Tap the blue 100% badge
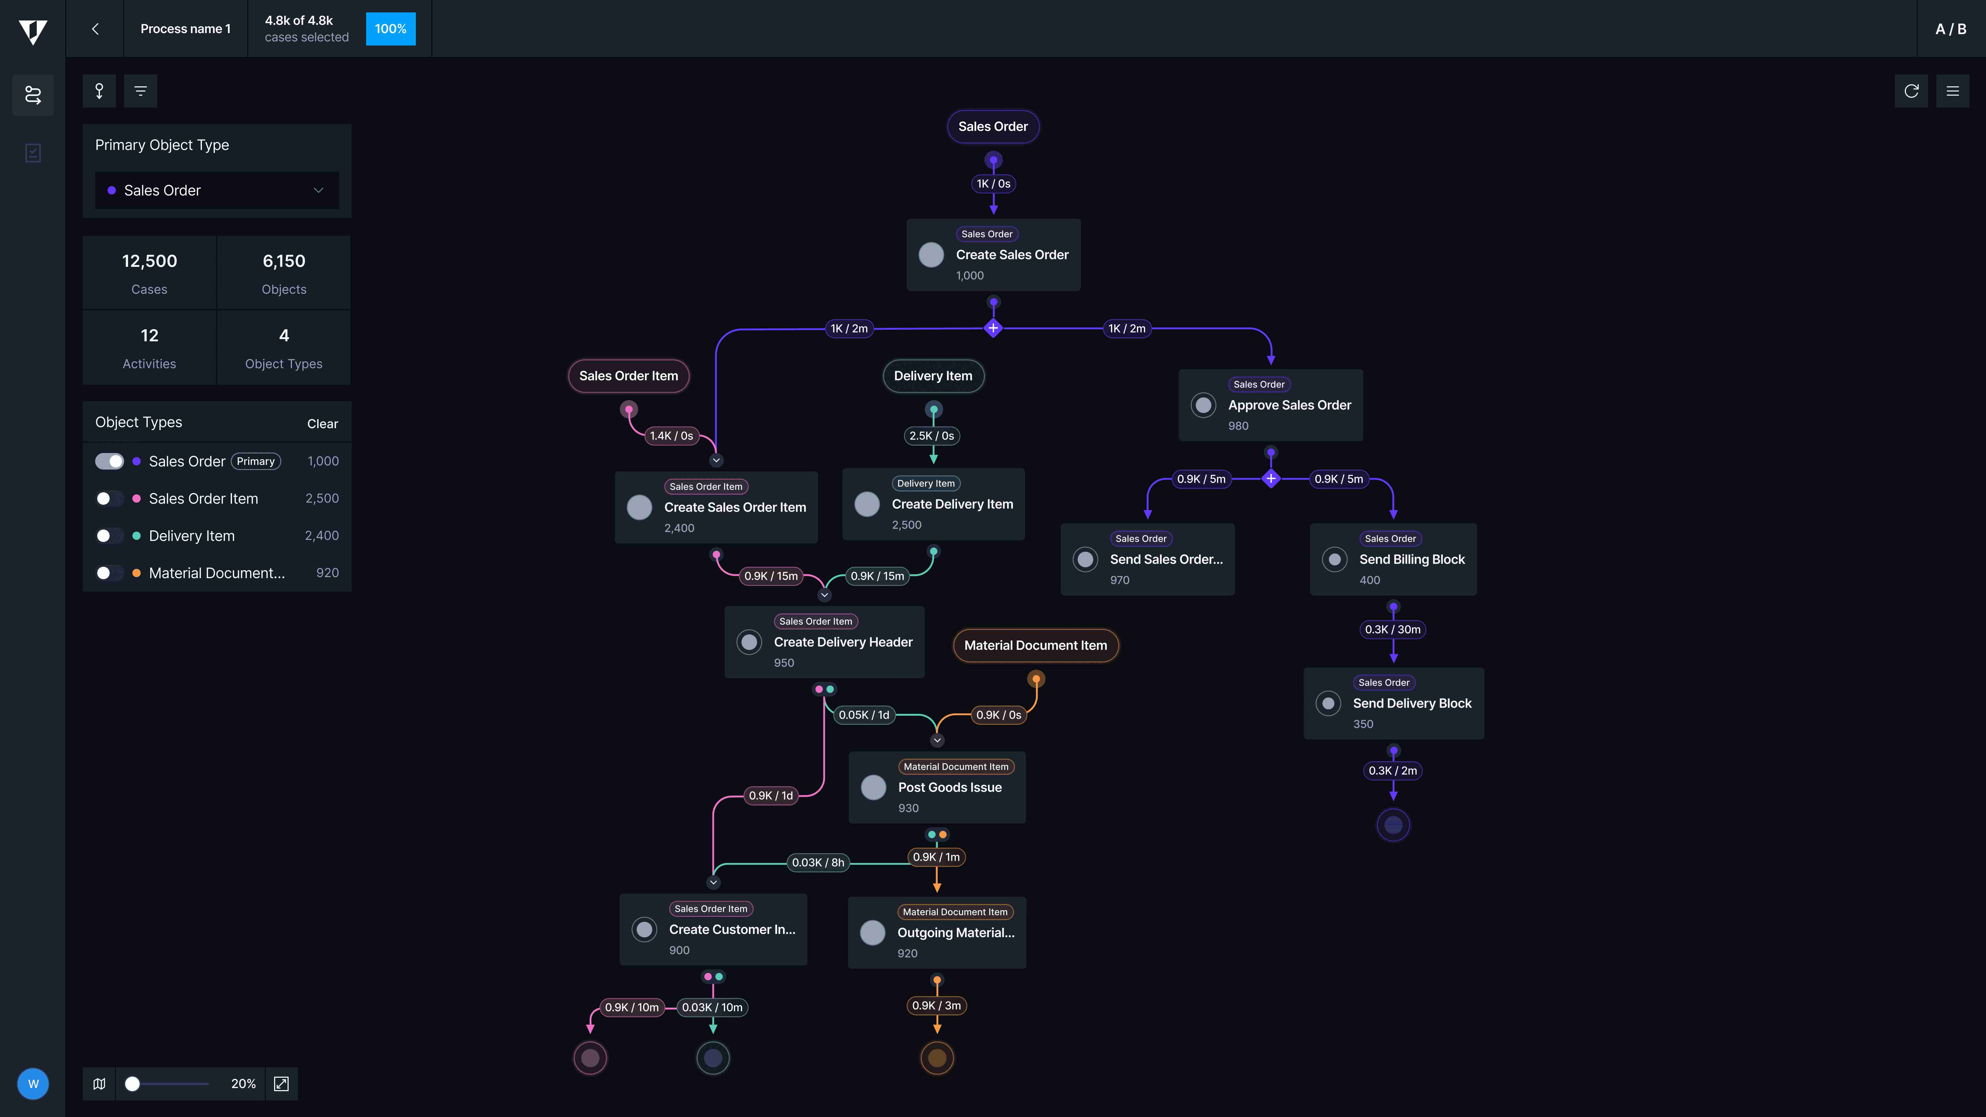click(x=390, y=28)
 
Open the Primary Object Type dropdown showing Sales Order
click(x=217, y=190)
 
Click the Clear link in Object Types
click(x=322, y=424)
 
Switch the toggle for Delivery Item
click(x=109, y=536)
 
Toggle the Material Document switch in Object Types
click(x=109, y=573)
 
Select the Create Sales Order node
click(x=993, y=254)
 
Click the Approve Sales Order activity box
click(x=1270, y=405)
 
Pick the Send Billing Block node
click(x=1393, y=559)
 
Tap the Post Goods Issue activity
click(x=937, y=787)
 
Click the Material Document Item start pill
click(x=1035, y=645)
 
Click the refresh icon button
click(x=1911, y=91)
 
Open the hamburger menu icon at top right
click(x=1953, y=91)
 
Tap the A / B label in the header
click(x=1951, y=28)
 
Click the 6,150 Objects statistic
click(x=284, y=273)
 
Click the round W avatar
click(x=33, y=1084)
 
